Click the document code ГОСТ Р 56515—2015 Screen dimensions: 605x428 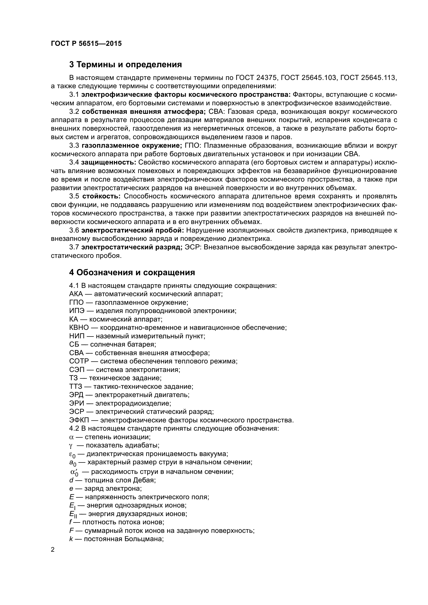coord(86,44)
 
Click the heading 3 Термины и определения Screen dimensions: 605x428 coord(126,65)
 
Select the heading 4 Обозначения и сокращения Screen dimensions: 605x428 coord(132,272)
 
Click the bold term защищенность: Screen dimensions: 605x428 coord(109,163)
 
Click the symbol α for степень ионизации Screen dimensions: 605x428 coord(71,437)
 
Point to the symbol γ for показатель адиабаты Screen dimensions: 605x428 coord(71,446)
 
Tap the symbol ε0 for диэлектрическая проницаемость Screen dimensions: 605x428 coord(72,454)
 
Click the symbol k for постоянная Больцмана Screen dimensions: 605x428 coord(71,539)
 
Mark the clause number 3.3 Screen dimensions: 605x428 coord(74,146)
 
